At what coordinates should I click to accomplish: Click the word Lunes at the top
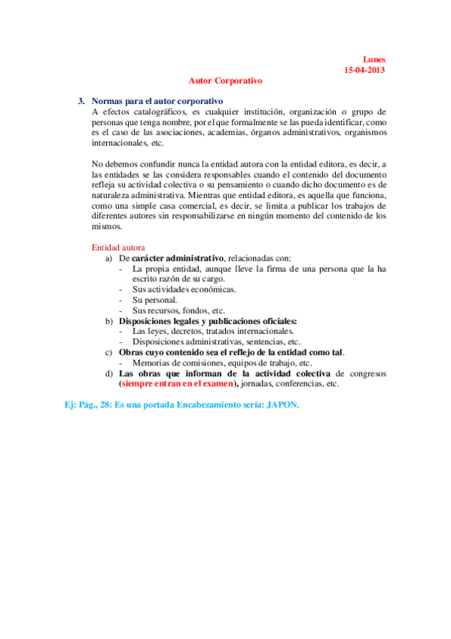pyautogui.click(x=373, y=59)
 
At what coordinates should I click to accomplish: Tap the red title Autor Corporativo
pyautogui.click(x=226, y=80)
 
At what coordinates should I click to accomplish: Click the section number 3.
pyautogui.click(x=81, y=101)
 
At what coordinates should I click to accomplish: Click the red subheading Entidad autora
pyautogui.click(x=118, y=247)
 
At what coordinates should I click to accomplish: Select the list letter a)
pyautogui.click(x=110, y=258)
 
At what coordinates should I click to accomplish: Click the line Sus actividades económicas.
pyautogui.click(x=184, y=289)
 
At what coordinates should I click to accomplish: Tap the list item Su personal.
pyautogui.click(x=154, y=300)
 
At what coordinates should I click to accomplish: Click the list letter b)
pyautogui.click(x=110, y=321)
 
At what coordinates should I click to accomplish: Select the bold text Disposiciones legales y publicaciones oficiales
pyautogui.click(x=209, y=321)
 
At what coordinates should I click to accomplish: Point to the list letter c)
pyautogui.click(x=110, y=352)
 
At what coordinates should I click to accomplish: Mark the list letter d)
pyautogui.click(x=110, y=373)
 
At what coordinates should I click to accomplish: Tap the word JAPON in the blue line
pyautogui.click(x=282, y=405)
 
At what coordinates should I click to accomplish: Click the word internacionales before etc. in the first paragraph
pyautogui.click(x=119, y=143)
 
